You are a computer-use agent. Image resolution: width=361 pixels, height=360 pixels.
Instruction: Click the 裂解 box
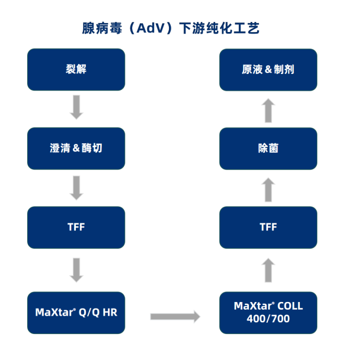coord(76,69)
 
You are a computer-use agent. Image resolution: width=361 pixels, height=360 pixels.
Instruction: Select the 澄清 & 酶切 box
coord(76,148)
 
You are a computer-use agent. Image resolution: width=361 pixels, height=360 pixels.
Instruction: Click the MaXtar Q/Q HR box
coord(76,312)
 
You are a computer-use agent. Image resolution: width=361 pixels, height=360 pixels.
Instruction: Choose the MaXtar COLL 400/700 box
coord(268,312)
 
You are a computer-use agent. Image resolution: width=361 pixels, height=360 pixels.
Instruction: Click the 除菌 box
coord(268,148)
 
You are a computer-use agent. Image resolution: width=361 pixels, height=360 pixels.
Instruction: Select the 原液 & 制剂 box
coord(268,69)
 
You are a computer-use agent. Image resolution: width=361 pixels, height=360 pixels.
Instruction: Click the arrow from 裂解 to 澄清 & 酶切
coord(76,108)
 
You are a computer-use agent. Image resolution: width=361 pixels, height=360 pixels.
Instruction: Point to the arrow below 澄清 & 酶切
coord(76,187)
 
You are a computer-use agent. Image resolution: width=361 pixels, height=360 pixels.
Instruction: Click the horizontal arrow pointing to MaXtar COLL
coord(175,316)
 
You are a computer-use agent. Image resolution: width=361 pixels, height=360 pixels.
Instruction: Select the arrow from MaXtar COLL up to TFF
coord(268,269)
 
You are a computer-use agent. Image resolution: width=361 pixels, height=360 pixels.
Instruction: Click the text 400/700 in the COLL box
coord(268,319)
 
